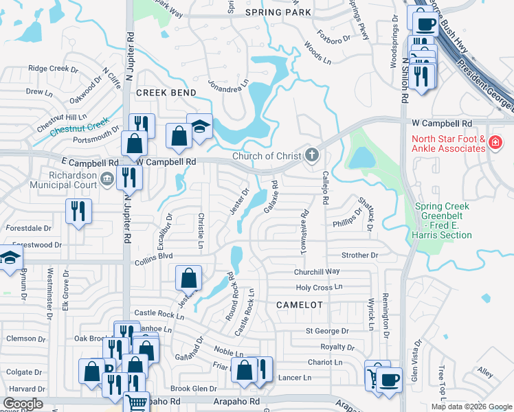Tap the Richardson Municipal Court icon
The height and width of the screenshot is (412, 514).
[x=107, y=179]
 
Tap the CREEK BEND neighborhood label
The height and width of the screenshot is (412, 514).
[x=166, y=92]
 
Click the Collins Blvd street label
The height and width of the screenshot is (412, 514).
[x=153, y=256]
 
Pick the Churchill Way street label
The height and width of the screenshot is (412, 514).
[x=317, y=271]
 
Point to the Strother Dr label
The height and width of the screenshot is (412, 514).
[x=360, y=255]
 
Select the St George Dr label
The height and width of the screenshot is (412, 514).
[x=327, y=331]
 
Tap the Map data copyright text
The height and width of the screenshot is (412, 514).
[x=471, y=407]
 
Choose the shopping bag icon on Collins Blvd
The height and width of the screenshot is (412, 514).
[x=188, y=279]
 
